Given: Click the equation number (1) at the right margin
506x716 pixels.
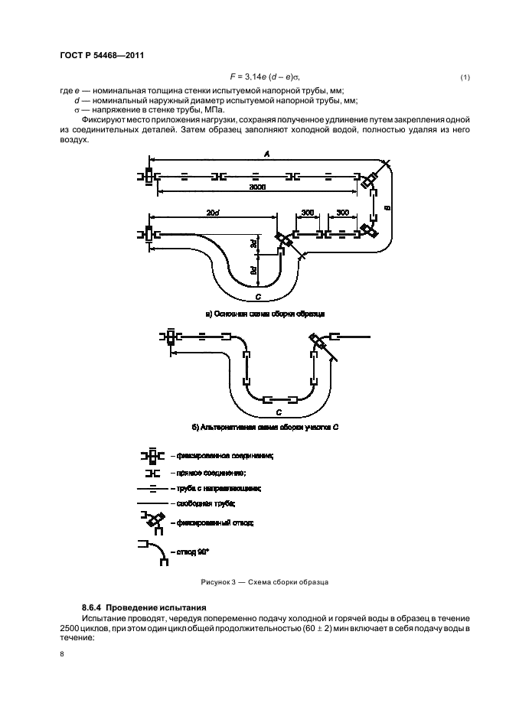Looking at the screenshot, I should tap(465, 78).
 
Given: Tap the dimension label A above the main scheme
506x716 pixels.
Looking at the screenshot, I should tap(266, 155).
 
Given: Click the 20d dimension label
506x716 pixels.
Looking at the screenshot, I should tap(213, 212).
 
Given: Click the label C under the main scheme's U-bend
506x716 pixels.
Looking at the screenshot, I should tap(259, 296).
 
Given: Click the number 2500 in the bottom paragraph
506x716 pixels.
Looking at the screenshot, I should tap(71, 627).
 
